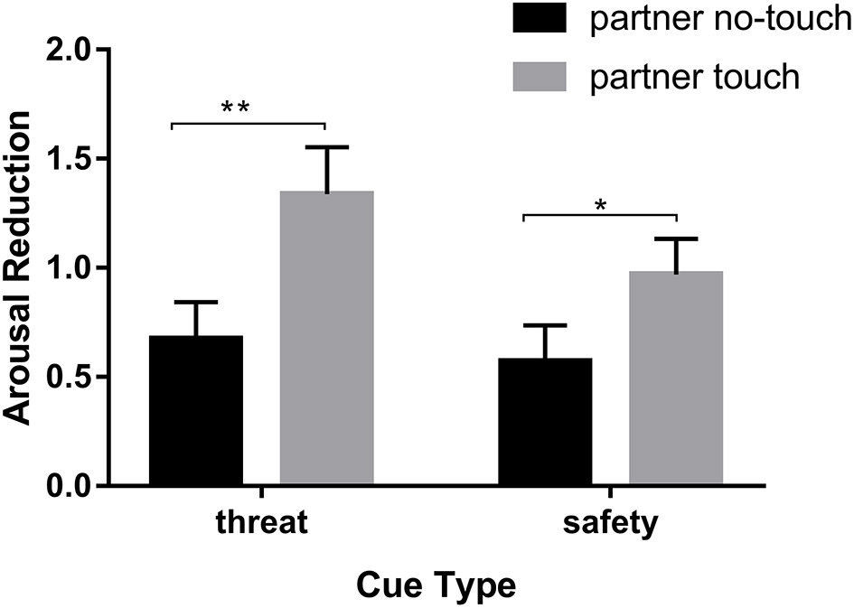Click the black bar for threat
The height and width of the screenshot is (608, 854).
coord(195,410)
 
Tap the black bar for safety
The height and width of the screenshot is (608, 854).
coord(545,421)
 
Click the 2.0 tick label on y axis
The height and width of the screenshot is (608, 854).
coord(74,51)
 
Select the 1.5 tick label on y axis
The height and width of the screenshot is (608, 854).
coord(74,159)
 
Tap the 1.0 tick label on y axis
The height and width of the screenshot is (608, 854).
coord(74,268)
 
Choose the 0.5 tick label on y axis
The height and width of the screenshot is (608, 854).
coord(74,377)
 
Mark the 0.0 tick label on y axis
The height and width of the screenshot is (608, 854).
coord(74,486)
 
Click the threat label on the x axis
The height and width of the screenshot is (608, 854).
coord(261,524)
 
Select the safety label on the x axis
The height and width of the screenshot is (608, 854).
coord(611,525)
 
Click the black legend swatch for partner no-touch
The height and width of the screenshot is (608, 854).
coord(540,19)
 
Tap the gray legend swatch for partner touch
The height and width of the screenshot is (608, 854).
coord(540,75)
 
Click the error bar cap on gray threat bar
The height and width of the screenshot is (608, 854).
coord(326,146)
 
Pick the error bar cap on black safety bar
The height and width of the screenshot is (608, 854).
coord(545,325)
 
